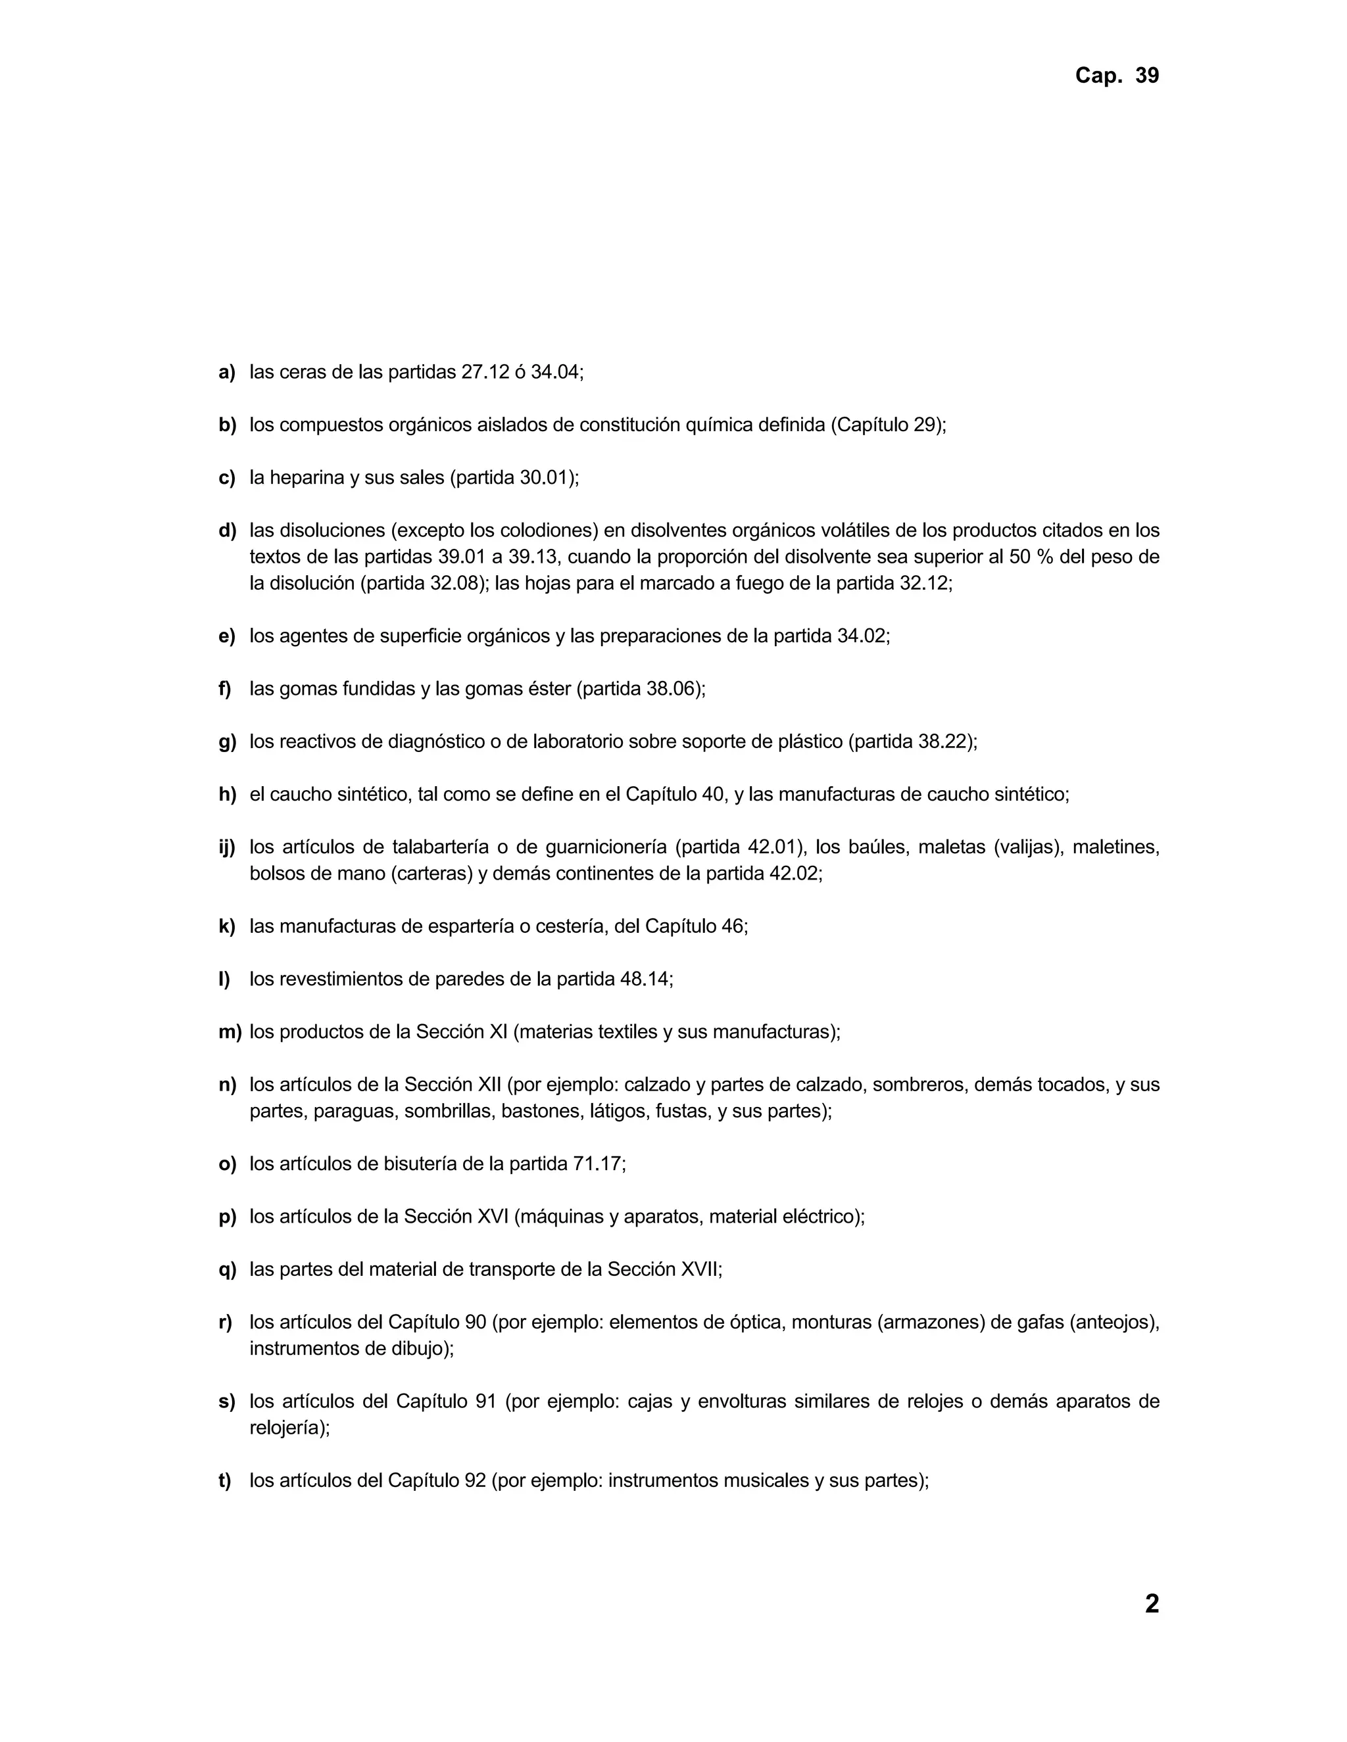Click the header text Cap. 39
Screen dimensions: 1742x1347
1116,76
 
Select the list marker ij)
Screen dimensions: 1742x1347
227,847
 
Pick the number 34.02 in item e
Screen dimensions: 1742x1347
861,636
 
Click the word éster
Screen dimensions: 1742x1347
549,688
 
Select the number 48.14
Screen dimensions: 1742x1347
644,979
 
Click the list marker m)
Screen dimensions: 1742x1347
230,1032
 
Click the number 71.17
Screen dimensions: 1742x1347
596,1164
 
